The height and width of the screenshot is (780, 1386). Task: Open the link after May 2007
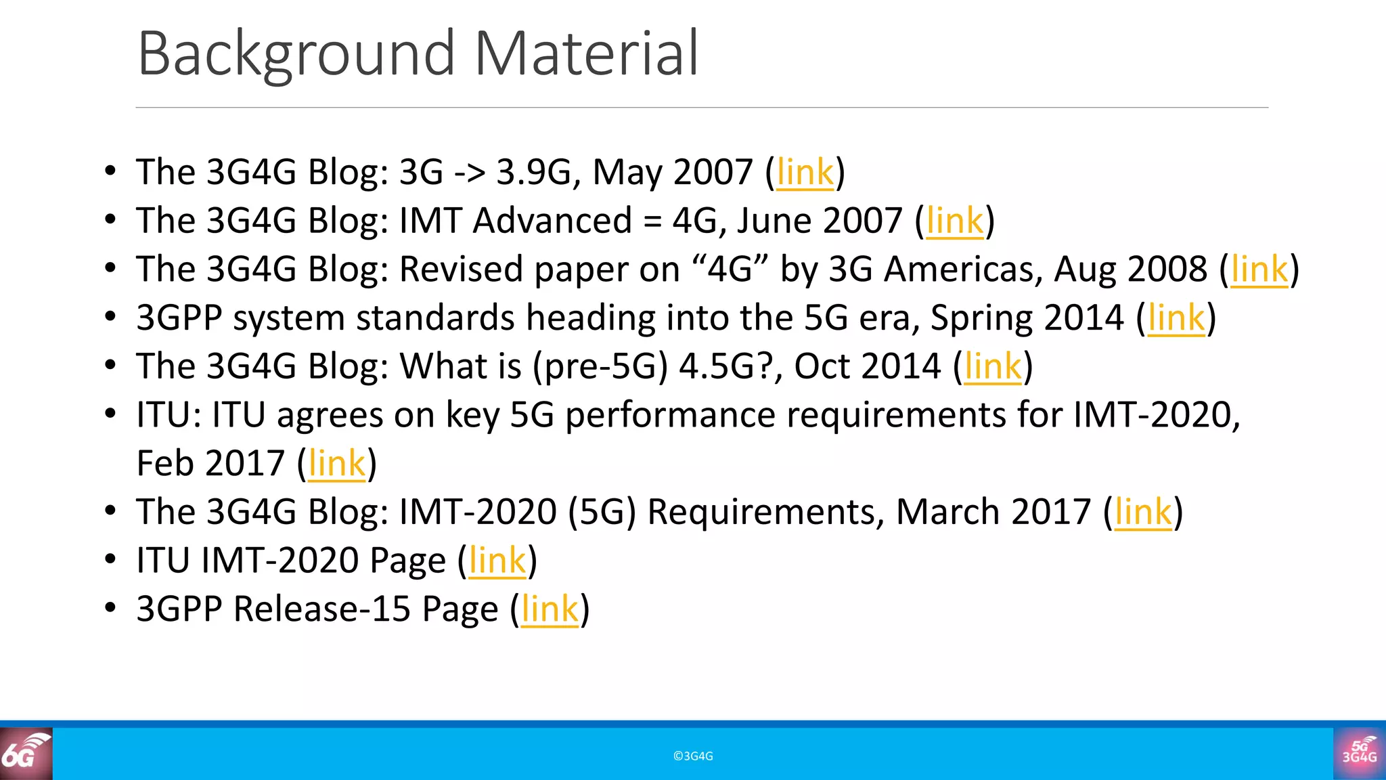pyautogui.click(x=805, y=172)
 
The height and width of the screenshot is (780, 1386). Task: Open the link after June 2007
pyautogui.click(x=954, y=221)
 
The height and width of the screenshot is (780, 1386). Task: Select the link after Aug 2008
pyautogui.click(x=1259, y=269)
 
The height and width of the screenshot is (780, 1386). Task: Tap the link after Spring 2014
pyautogui.click(x=1176, y=318)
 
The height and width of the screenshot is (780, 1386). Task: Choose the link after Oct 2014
pyautogui.click(x=992, y=366)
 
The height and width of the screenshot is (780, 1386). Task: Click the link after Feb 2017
pyautogui.click(x=336, y=464)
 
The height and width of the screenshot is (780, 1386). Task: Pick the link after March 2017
pyautogui.click(x=1142, y=512)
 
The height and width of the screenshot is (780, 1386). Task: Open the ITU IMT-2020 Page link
pyautogui.click(x=497, y=561)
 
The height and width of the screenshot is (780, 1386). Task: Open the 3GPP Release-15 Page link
pyautogui.click(x=550, y=609)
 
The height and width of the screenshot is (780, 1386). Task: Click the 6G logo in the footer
pyautogui.click(x=26, y=754)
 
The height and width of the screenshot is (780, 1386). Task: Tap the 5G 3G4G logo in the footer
pyautogui.click(x=1360, y=754)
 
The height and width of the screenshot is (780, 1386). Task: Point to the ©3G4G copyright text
pyautogui.click(x=693, y=756)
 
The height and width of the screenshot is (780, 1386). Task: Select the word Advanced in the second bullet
pyautogui.click(x=552, y=221)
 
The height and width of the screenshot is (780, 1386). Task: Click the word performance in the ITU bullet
pyautogui.click(x=670, y=415)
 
